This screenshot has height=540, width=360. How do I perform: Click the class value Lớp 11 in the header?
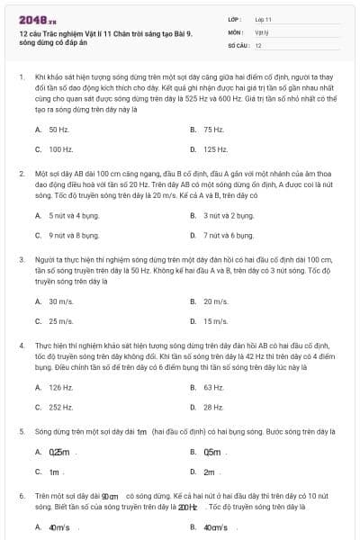click(264, 18)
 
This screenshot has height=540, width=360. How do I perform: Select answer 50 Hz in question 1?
click(59, 130)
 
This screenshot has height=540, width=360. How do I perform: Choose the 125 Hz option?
click(215, 149)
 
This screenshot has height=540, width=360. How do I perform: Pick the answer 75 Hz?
click(213, 130)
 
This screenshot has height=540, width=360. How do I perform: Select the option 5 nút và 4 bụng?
click(74, 216)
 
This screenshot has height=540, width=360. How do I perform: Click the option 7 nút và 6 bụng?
click(229, 235)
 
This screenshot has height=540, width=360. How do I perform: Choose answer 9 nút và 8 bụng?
click(74, 235)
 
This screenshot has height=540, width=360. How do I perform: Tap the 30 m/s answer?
click(61, 301)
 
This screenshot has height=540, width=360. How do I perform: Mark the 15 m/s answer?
click(215, 321)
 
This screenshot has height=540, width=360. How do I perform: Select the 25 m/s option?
click(61, 321)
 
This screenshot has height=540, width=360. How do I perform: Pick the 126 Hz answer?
click(61, 388)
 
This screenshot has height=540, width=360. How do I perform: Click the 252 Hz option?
click(61, 407)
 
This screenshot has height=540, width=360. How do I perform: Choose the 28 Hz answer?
click(213, 407)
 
